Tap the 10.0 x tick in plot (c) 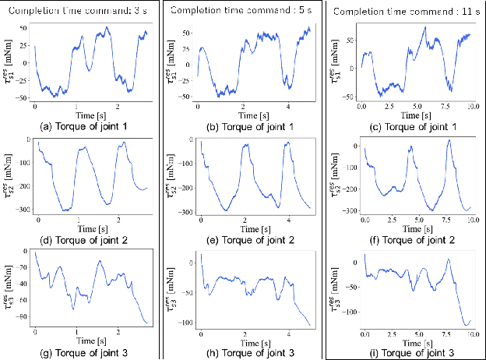click(472, 105)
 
